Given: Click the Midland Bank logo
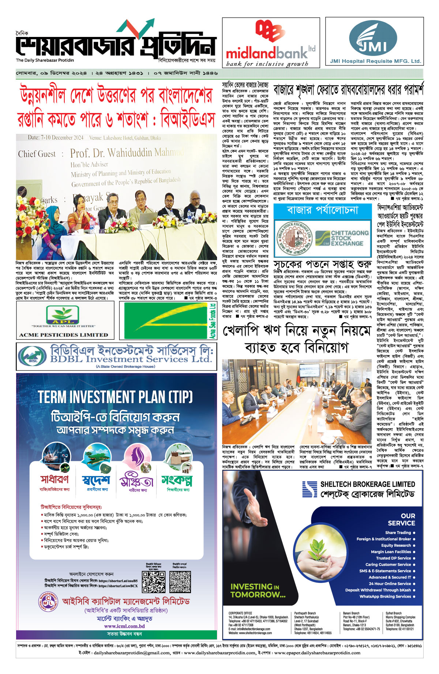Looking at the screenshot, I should click(271, 42).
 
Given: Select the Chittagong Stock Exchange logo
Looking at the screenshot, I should click(342, 238).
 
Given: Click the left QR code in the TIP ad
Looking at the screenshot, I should click(153, 582).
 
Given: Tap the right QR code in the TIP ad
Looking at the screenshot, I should click(180, 582).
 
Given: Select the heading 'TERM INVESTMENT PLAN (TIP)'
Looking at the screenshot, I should click(115, 397).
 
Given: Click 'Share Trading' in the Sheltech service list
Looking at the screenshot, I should click(398, 532).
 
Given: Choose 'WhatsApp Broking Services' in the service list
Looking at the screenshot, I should click(385, 596).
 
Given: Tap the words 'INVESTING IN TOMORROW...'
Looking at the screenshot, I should click(258, 591).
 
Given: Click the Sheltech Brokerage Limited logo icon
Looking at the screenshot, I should click(309, 490).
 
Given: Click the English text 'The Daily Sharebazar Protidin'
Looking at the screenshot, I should click(45, 60).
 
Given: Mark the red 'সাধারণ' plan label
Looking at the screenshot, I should click(55, 479).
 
